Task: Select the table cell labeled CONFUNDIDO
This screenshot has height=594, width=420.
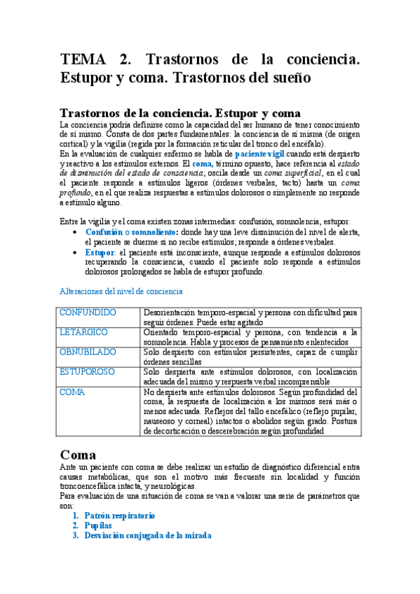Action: (88, 312)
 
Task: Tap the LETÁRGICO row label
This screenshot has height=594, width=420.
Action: (83, 331)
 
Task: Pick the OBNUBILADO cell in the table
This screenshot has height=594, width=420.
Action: (88, 352)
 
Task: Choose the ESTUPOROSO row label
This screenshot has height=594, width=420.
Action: (88, 372)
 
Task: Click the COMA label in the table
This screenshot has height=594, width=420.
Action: (72, 392)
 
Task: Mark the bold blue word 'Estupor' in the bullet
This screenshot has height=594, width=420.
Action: (100, 252)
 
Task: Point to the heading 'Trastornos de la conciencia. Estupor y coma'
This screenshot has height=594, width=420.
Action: (181, 113)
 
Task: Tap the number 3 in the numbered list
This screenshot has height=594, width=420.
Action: (75, 535)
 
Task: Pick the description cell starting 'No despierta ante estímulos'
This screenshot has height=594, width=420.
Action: (250, 412)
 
